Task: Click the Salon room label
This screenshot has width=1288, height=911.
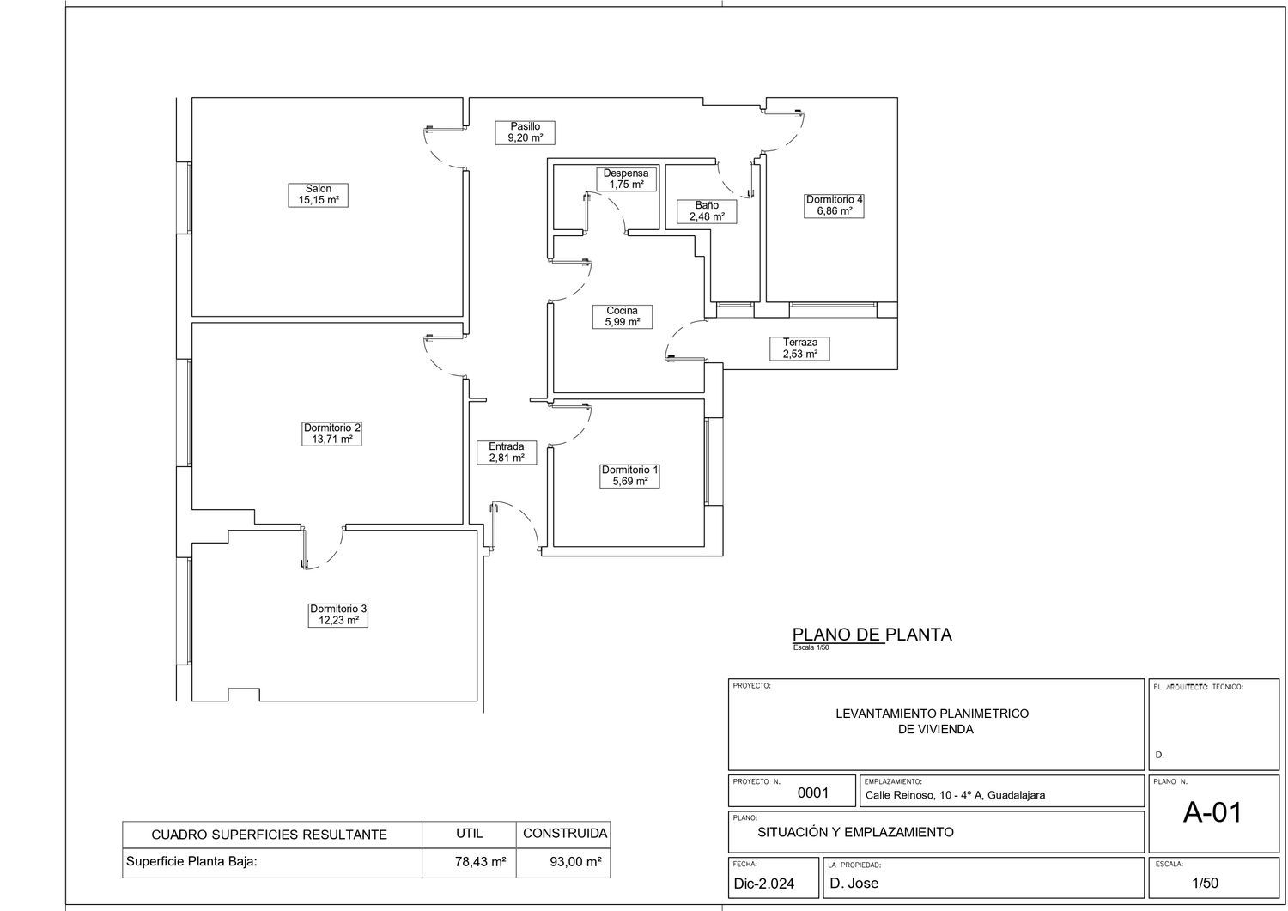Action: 318,195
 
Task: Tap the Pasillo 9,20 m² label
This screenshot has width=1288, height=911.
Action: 525,132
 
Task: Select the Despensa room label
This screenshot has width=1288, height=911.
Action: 626,179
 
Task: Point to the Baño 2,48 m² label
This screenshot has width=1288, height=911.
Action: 707,211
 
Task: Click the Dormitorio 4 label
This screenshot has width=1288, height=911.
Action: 834,205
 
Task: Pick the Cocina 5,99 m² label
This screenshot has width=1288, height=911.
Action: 623,316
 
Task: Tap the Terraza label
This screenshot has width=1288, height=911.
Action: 799,349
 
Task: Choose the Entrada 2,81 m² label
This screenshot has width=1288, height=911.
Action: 507,452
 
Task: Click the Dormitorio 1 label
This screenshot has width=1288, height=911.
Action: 629,476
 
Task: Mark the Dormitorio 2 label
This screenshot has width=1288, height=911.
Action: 331,434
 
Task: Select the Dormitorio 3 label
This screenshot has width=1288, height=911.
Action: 338,615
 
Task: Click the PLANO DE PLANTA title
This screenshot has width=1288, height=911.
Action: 872,635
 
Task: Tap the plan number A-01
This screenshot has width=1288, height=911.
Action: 1212,812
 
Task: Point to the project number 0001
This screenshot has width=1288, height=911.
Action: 813,793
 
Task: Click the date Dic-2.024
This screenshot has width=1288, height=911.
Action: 763,884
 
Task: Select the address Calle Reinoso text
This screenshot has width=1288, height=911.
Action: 955,795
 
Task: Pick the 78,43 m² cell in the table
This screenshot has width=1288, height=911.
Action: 480,862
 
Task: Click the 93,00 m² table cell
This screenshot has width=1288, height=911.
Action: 575,862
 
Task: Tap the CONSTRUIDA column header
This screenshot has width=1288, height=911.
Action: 565,834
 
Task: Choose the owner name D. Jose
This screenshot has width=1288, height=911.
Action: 854,883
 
